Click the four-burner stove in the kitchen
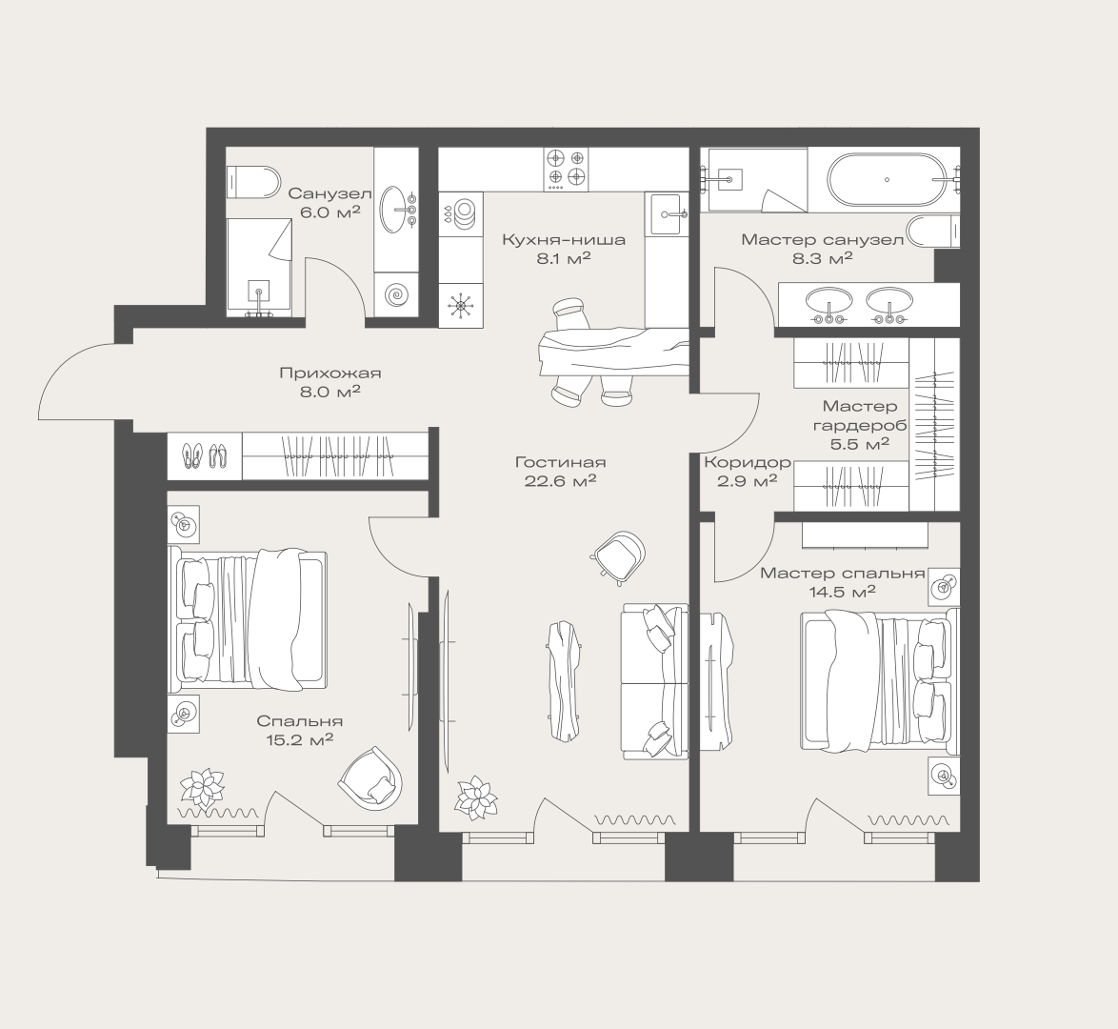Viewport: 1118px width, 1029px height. [566, 170]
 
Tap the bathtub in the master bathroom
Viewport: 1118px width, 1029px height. [887, 179]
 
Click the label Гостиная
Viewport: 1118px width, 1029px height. [560, 462]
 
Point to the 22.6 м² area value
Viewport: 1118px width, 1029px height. [560, 481]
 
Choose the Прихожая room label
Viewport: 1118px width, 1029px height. [330, 373]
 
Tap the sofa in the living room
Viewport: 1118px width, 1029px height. [654, 681]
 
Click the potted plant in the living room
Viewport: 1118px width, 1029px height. [476, 797]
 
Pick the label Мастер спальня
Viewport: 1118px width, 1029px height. [842, 573]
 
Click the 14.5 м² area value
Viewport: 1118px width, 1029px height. [842, 592]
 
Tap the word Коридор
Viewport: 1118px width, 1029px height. [748, 462]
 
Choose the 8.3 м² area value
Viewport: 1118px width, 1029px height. [823, 258]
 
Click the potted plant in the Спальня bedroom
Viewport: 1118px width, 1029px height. [202, 788]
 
